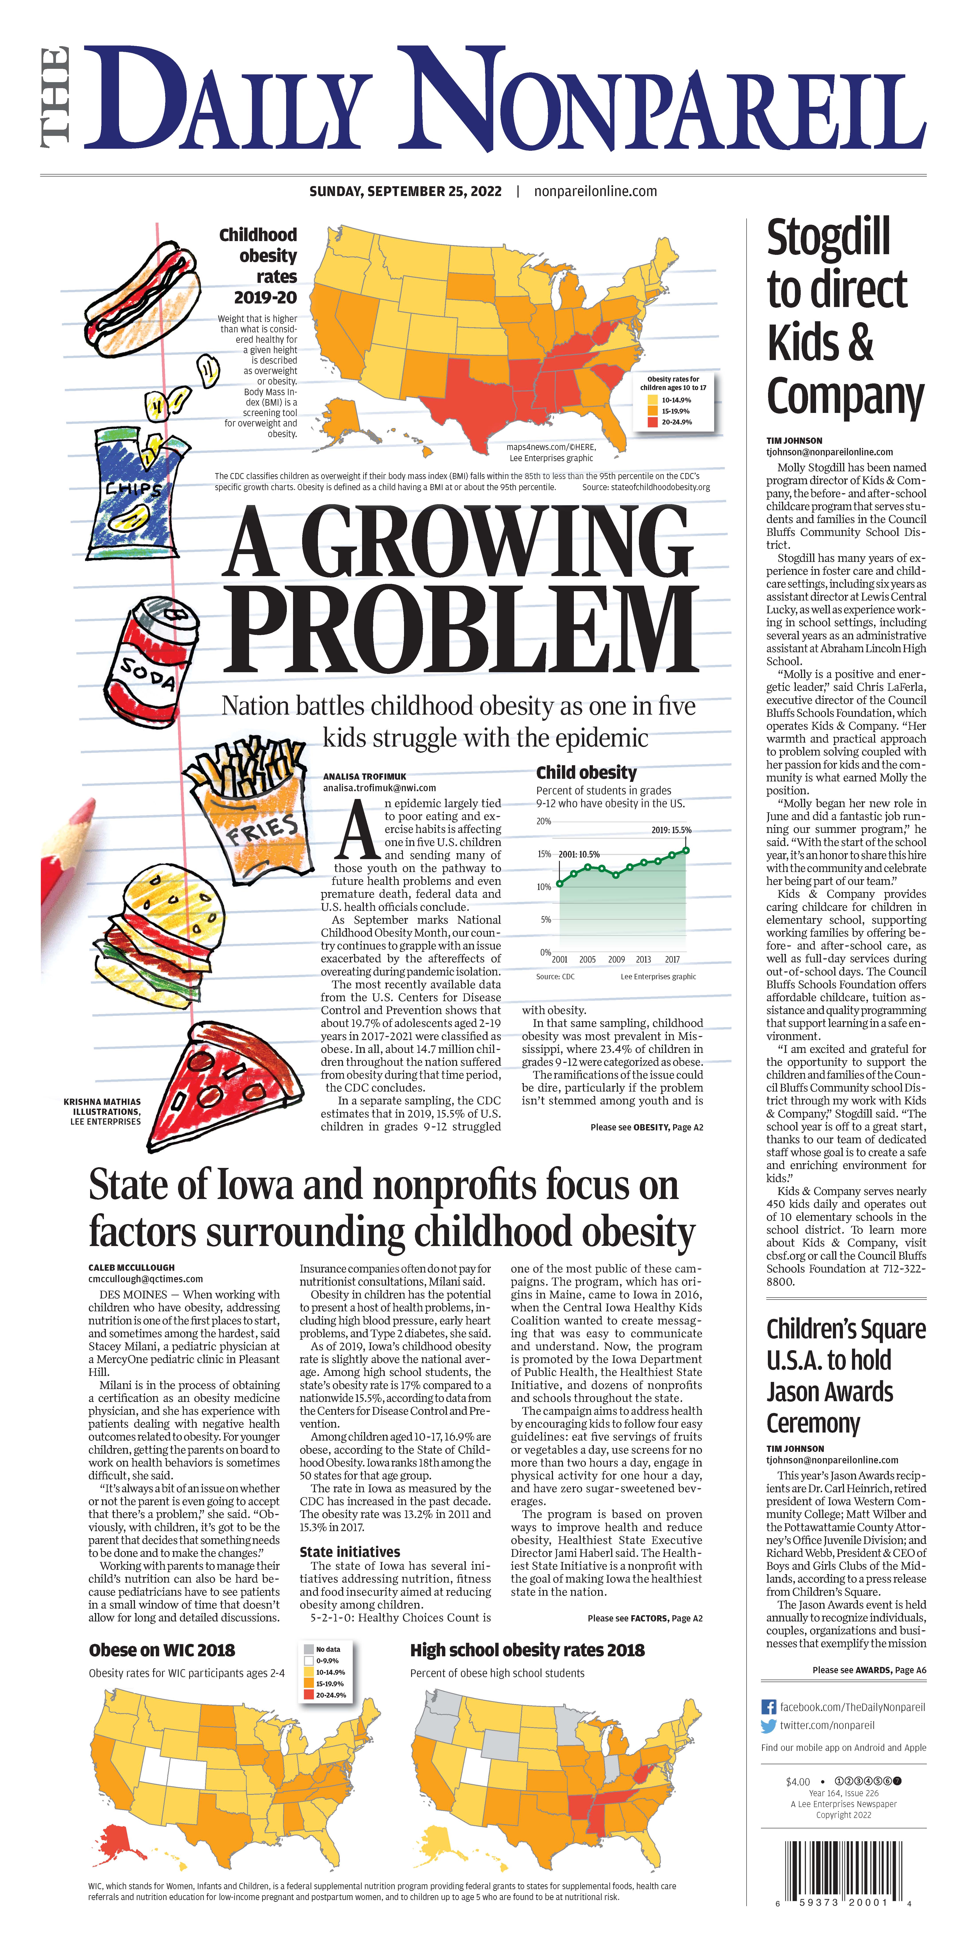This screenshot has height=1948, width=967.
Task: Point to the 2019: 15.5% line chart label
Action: pyautogui.click(x=671, y=830)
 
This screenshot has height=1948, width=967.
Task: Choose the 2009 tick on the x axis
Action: pyautogui.click(x=616, y=959)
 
